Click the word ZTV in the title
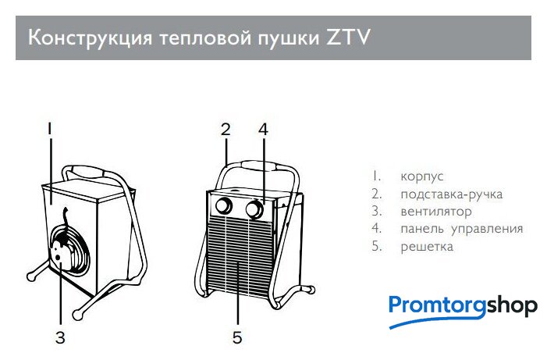[348, 37]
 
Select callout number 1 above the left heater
[50, 129]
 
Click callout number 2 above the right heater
[226, 129]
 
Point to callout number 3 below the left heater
[60, 337]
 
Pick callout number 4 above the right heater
[264, 129]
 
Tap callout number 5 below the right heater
[237, 337]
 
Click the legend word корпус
[422, 176]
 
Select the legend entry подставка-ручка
[452, 194]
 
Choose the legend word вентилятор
[436, 212]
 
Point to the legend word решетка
[427, 247]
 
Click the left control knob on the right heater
[224, 206]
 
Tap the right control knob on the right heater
[254, 209]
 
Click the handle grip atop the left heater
[87, 172]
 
